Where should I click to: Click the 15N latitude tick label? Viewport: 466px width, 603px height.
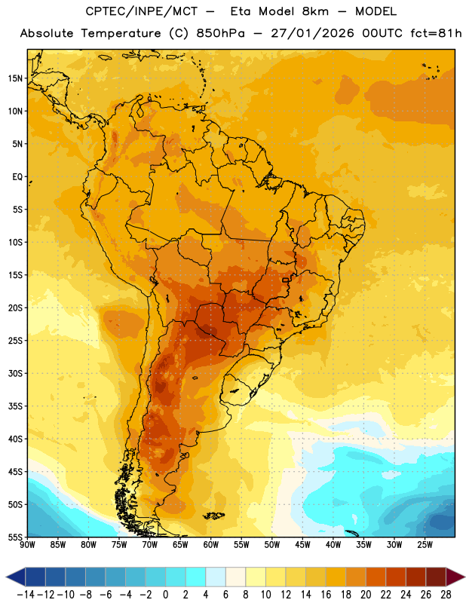click(x=15, y=78)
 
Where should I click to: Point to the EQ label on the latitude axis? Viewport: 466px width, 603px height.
click(x=17, y=177)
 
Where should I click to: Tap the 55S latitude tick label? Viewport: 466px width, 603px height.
click(x=15, y=537)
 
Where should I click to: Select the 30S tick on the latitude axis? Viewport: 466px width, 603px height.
click(x=15, y=373)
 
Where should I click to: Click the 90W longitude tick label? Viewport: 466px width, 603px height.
click(x=28, y=545)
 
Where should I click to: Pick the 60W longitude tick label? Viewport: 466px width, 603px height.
click(x=211, y=545)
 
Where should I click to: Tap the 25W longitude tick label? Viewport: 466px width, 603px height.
click(x=425, y=545)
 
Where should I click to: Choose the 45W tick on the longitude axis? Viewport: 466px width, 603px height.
click(x=302, y=545)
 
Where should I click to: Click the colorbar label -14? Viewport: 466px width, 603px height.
click(x=26, y=595)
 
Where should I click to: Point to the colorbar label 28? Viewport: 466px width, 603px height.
click(x=446, y=595)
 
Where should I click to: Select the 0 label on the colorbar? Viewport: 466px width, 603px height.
click(x=165, y=595)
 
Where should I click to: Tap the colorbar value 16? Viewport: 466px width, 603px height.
click(x=326, y=595)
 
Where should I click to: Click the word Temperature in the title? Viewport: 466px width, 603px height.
click(x=121, y=33)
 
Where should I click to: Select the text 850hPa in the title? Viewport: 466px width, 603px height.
click(x=220, y=33)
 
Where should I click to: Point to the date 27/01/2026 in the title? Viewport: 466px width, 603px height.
click(x=312, y=33)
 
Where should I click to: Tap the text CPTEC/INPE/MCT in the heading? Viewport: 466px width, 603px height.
click(x=141, y=11)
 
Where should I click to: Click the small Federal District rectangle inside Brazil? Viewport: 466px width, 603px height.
click(x=285, y=280)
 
